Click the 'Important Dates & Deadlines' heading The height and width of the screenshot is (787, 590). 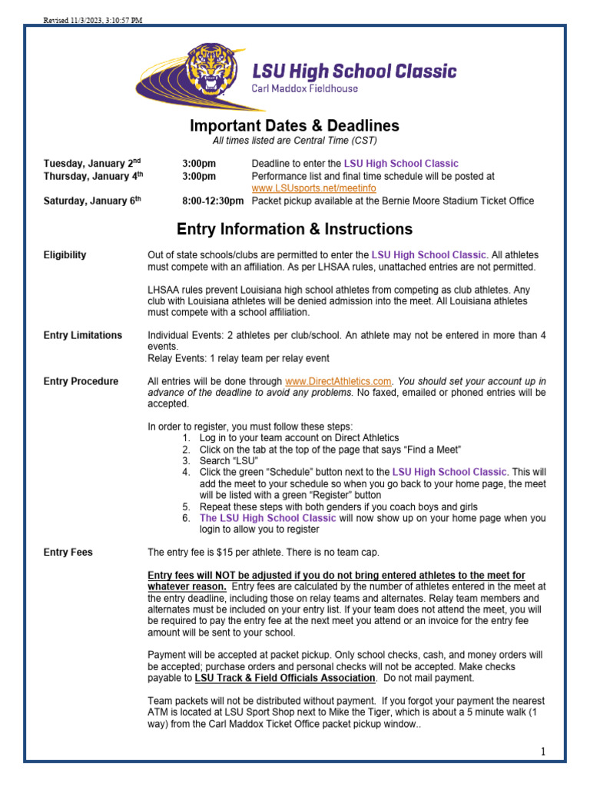[x=294, y=126]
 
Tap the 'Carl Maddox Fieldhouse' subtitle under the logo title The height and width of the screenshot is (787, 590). [x=305, y=88]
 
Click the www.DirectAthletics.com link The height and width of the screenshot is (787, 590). [x=338, y=381]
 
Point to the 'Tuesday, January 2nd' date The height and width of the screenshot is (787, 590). [x=92, y=163]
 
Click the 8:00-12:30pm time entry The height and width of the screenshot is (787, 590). [x=213, y=201]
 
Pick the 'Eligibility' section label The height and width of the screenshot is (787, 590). [x=65, y=255]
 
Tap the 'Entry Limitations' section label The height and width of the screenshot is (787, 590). [x=83, y=335]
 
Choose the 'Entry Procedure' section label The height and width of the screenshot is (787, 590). [x=81, y=381]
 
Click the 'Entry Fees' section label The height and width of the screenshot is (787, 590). [x=68, y=552]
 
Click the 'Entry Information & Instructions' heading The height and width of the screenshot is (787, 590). [x=294, y=229]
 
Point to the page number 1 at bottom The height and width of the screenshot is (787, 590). [x=542, y=752]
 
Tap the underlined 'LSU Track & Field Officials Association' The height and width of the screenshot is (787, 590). [x=285, y=679]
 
